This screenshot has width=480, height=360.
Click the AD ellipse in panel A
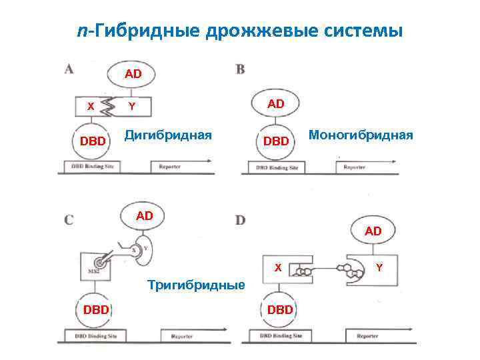(x=133, y=74)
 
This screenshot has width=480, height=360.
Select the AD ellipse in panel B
(x=275, y=103)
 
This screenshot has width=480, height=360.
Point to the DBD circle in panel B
(x=275, y=141)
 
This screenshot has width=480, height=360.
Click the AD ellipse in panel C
(x=145, y=215)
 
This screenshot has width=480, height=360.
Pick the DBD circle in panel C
(x=96, y=309)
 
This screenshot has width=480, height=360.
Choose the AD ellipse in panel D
(x=373, y=231)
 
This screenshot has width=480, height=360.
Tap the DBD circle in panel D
(x=279, y=310)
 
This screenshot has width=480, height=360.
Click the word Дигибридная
(x=168, y=135)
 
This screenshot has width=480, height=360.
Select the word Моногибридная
(x=360, y=135)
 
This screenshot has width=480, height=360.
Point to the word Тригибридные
(x=196, y=285)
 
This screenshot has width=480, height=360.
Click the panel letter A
(x=69, y=69)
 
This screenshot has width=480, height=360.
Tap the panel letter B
(x=240, y=69)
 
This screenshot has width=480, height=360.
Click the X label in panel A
(x=90, y=106)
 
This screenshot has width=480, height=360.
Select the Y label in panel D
(x=379, y=268)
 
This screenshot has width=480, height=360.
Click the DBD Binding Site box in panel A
(x=93, y=166)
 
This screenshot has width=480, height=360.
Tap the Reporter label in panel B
(x=354, y=167)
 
